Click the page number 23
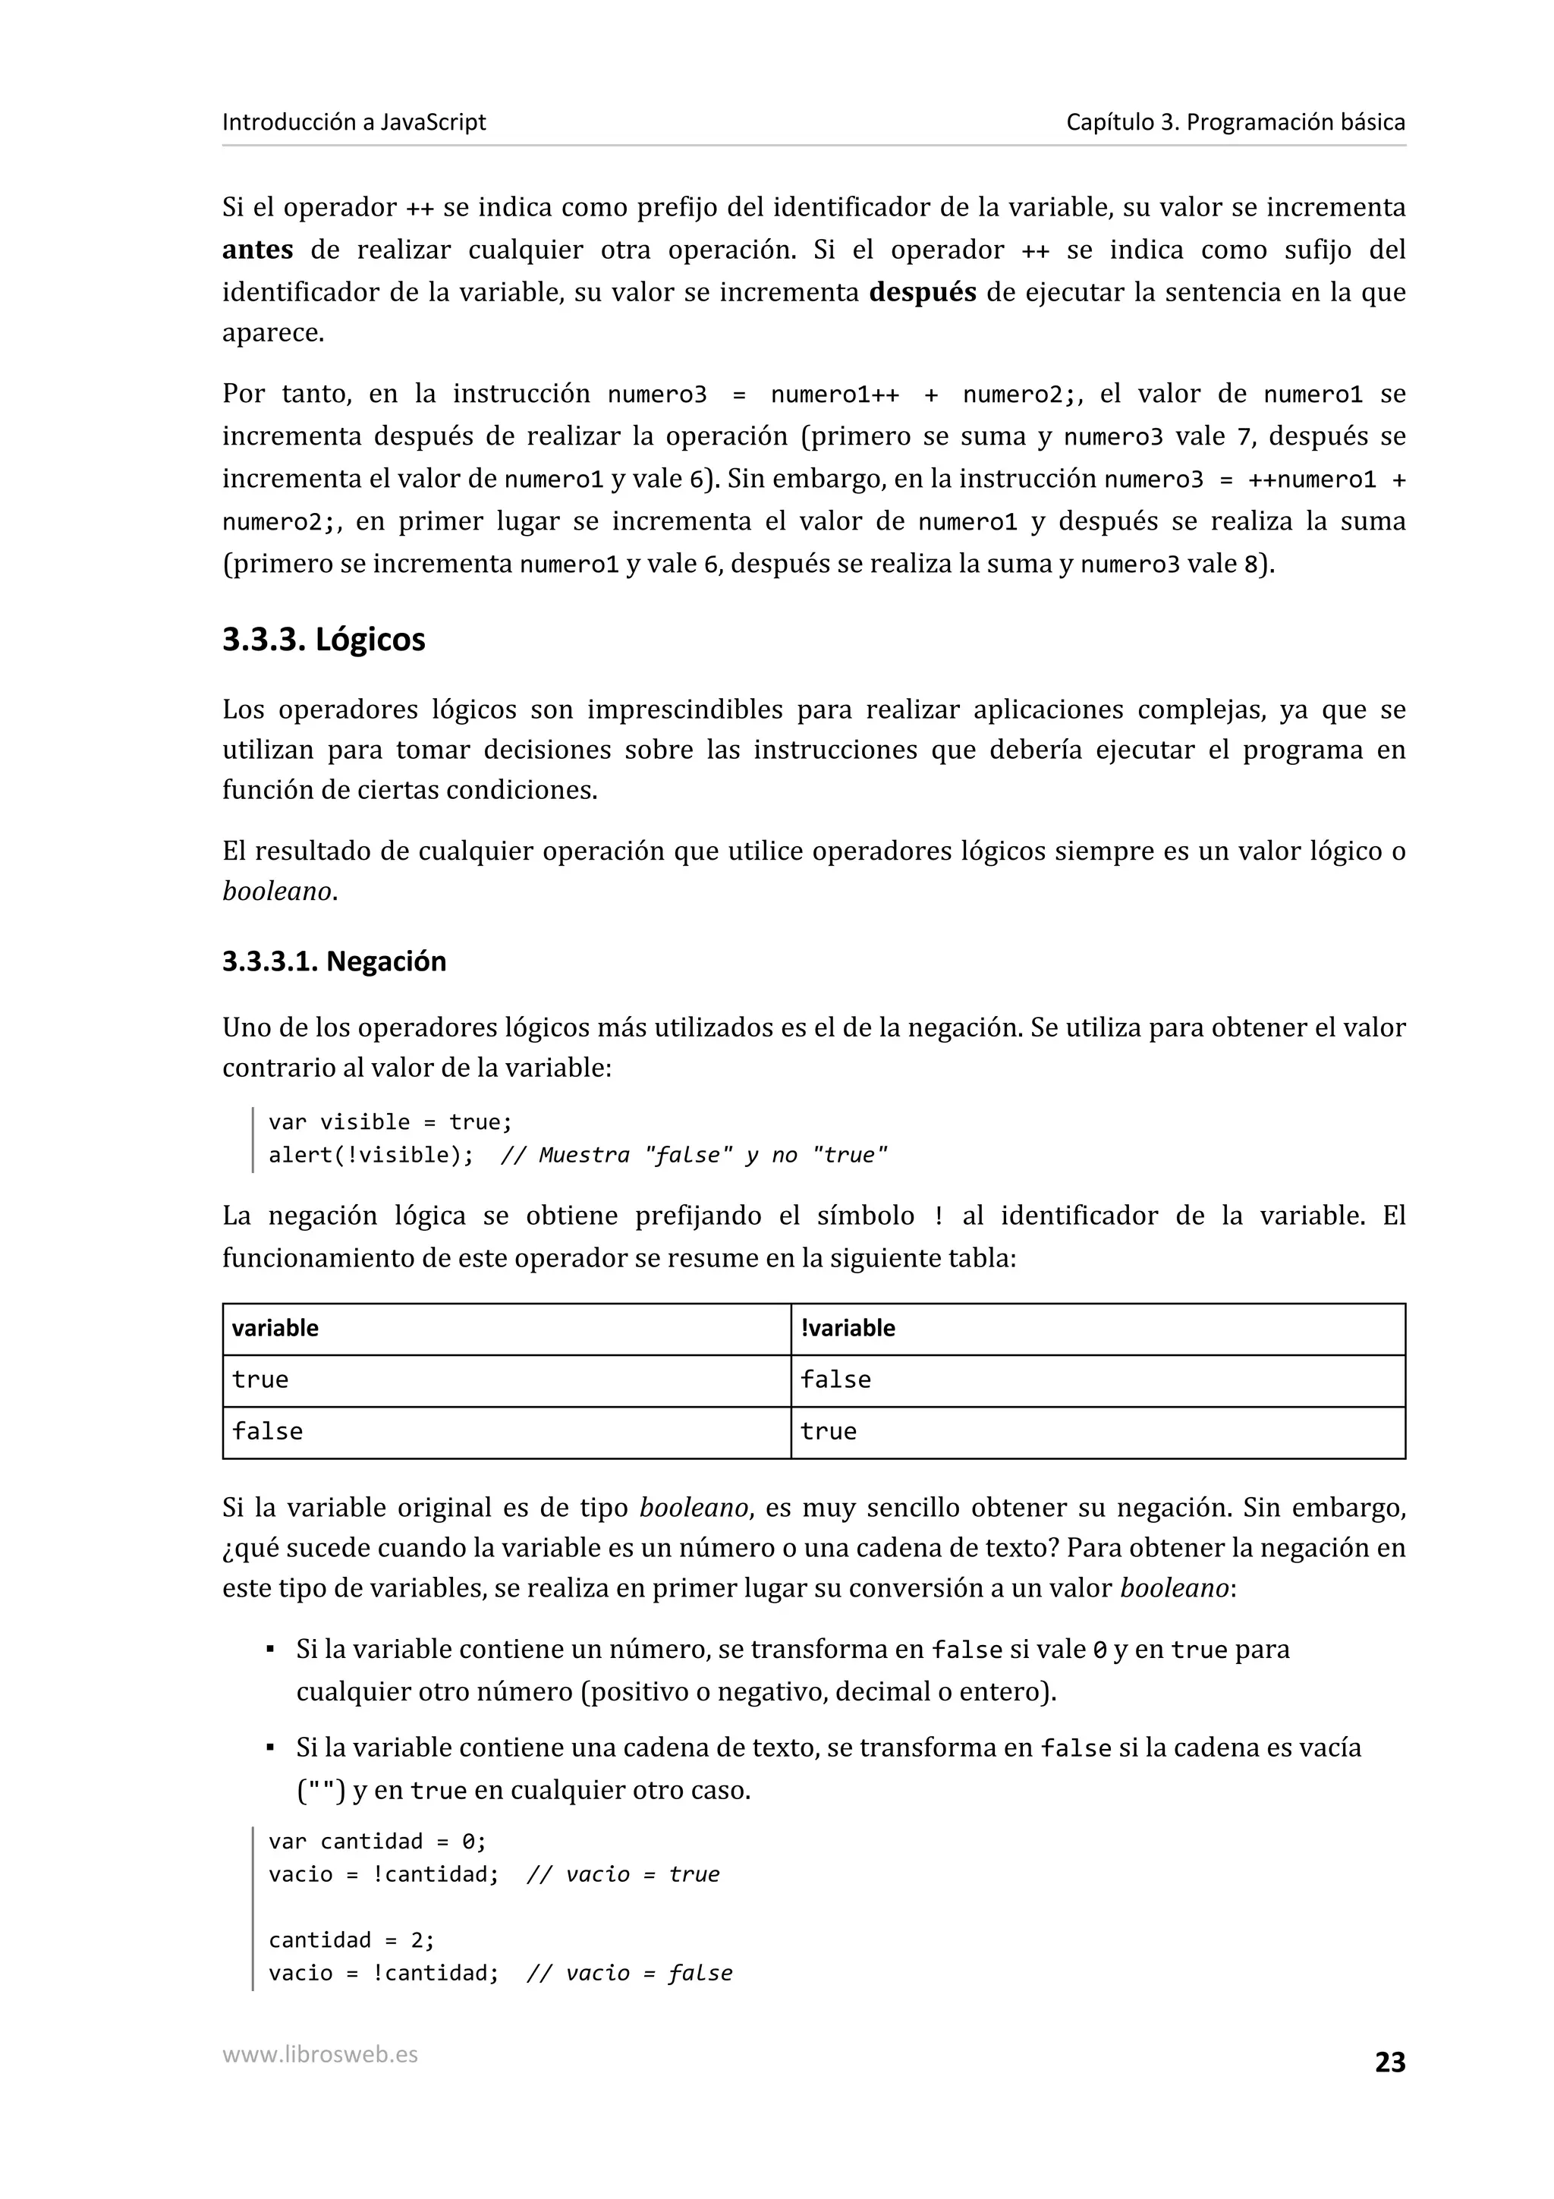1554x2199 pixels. pyautogui.click(x=1389, y=2062)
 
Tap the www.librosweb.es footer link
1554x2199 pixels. pyautogui.click(x=319, y=2054)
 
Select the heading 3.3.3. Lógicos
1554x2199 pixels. pyautogui.click(x=324, y=640)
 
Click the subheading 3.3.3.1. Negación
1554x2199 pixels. pyautogui.click(x=334, y=961)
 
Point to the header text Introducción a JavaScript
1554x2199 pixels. pyautogui.click(x=354, y=121)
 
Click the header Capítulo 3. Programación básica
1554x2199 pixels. pyautogui.click(x=1235, y=121)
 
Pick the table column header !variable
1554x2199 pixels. pyautogui.click(x=848, y=1329)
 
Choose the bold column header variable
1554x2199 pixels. pyautogui.click(x=275, y=1329)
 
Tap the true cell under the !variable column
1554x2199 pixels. pyautogui.click(x=829, y=1432)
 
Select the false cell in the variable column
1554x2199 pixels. pyautogui.click(x=267, y=1432)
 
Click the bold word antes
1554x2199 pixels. pyautogui.click(x=257, y=250)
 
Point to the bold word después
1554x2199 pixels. pyautogui.click(x=922, y=292)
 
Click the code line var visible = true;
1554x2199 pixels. pyautogui.click(x=391, y=1122)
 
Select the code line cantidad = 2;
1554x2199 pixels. pyautogui.click(x=351, y=1940)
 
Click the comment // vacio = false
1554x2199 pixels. pyautogui.click(x=629, y=1974)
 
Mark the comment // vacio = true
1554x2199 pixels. pyautogui.click(x=622, y=1874)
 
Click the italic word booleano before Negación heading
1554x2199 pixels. pyautogui.click(x=277, y=892)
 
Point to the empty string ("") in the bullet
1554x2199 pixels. pyautogui.click(x=321, y=1791)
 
